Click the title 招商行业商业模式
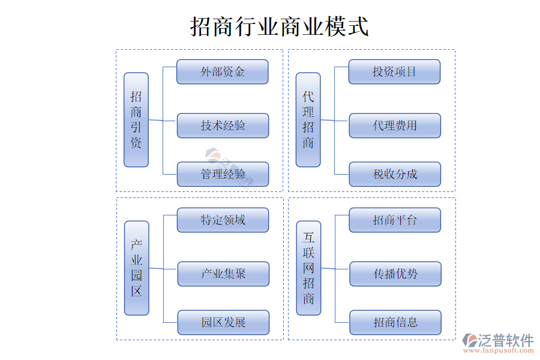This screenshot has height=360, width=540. (280, 26)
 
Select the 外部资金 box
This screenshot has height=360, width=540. (222, 72)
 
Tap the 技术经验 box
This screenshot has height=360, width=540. (223, 125)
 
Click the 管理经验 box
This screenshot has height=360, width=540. (223, 174)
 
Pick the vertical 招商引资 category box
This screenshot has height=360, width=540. (136, 120)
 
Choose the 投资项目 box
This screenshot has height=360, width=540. (394, 72)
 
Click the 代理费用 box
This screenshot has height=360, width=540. (395, 125)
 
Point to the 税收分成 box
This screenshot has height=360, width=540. (395, 174)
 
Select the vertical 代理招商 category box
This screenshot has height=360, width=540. (308, 120)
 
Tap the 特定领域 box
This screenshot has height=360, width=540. (223, 220)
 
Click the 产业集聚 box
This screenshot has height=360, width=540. (223, 274)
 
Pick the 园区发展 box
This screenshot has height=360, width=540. (223, 322)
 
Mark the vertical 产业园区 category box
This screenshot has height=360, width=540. (137, 268)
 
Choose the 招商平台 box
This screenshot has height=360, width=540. (395, 220)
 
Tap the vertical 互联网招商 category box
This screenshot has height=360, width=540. (308, 268)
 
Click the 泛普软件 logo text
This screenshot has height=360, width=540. (505, 340)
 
